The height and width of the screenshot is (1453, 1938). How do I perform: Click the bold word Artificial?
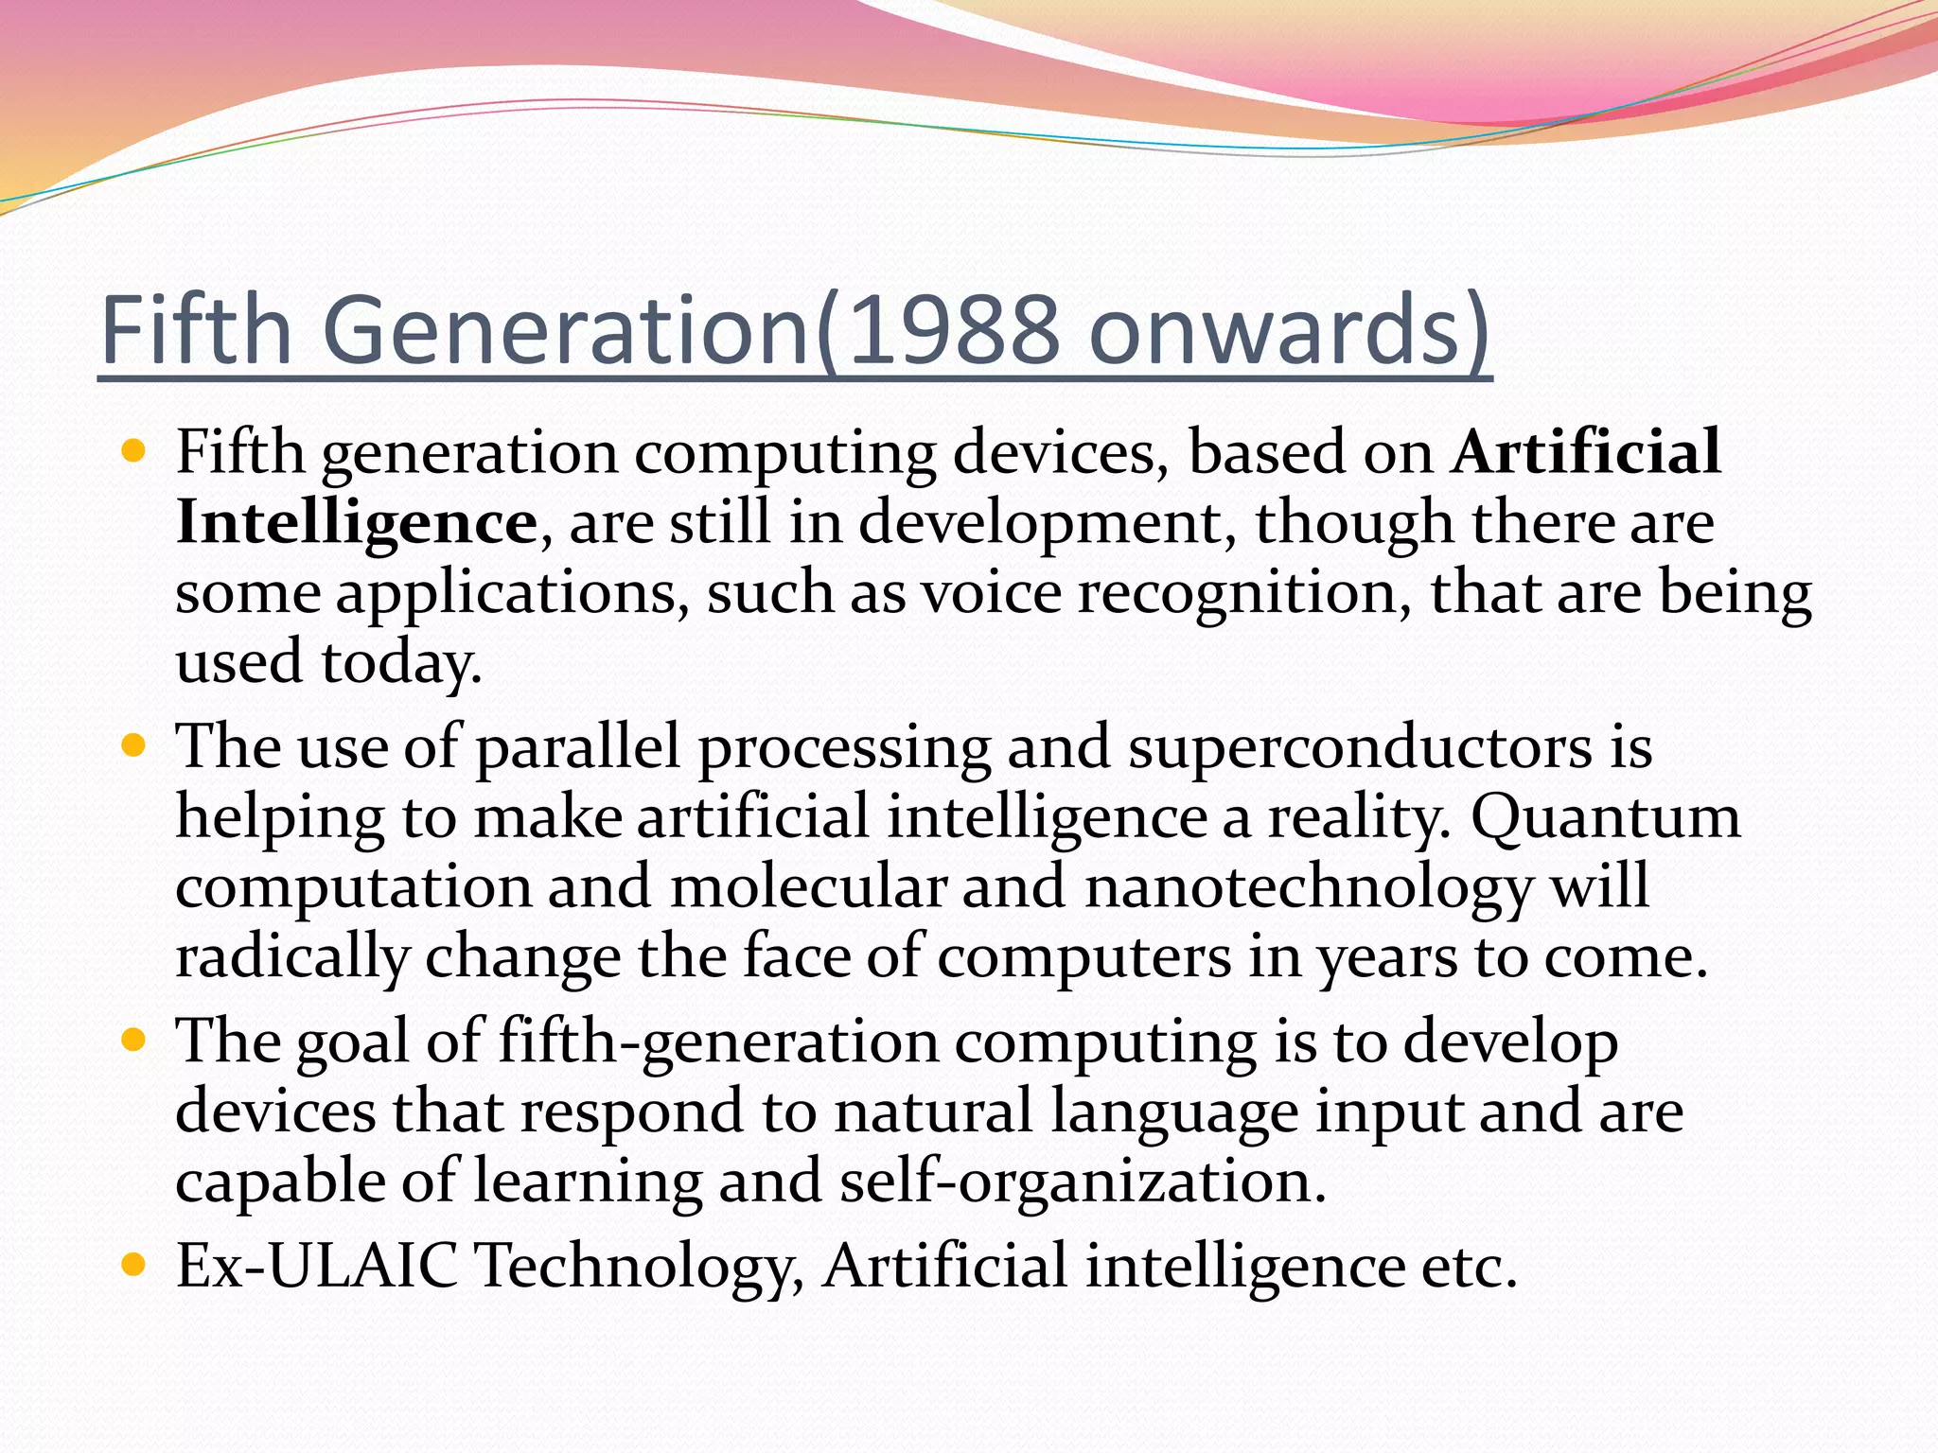tap(1586, 452)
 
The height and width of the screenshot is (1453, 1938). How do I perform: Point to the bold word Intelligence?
tap(356, 523)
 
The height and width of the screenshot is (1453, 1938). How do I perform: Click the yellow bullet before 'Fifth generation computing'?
tap(133, 451)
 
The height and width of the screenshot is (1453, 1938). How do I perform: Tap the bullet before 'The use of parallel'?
tap(133, 746)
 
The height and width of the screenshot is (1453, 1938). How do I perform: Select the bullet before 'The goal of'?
tap(133, 1042)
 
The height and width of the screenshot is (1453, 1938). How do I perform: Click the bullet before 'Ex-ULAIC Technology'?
tap(133, 1265)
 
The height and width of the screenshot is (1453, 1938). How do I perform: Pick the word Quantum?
tap(1605, 817)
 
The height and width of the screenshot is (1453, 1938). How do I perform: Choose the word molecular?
tap(809, 888)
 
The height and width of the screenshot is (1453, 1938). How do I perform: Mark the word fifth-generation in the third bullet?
tap(718, 1042)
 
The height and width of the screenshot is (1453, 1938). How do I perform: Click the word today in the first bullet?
tap(401, 663)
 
